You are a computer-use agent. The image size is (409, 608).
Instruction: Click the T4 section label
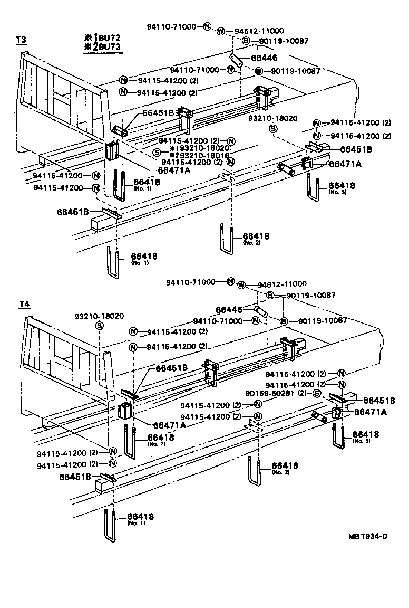pyautogui.click(x=24, y=303)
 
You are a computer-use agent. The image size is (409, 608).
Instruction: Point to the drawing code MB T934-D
pyautogui.click(x=367, y=537)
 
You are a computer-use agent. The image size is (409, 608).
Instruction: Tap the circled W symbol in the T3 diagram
pyautogui.click(x=220, y=30)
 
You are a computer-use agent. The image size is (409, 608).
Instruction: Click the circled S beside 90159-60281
pyautogui.click(x=316, y=393)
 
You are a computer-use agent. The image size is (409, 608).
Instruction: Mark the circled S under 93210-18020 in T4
pyautogui.click(x=99, y=326)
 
